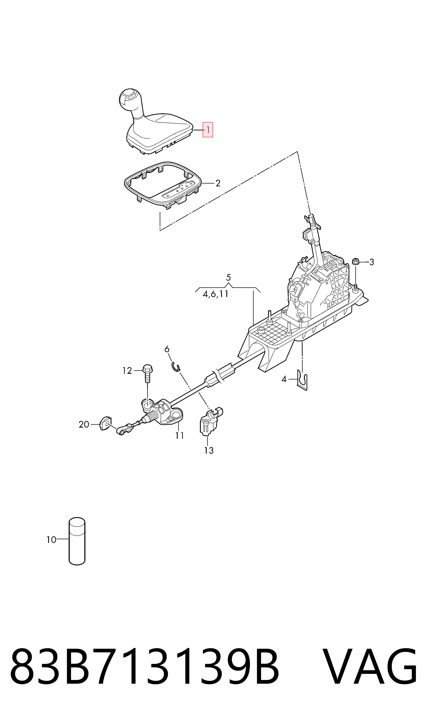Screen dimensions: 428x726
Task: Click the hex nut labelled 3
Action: pos(355,262)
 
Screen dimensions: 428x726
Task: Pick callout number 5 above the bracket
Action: pos(228,278)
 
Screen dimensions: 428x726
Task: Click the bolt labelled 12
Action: pos(147,373)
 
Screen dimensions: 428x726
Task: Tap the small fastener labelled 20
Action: pos(105,424)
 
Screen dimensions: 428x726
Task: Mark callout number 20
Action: pos(84,424)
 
